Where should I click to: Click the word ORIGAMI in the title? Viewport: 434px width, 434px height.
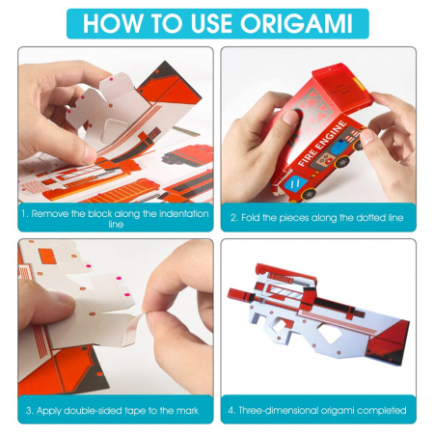(296, 23)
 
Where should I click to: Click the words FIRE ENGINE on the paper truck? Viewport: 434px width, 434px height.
(322, 143)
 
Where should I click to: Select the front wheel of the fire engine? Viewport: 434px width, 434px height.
(309, 194)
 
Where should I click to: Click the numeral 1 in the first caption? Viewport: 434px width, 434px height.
(24, 214)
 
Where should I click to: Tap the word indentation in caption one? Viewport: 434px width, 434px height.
(184, 214)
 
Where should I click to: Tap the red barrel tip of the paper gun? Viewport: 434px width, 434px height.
(232, 293)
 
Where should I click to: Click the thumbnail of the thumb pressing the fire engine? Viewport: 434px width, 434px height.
(291, 117)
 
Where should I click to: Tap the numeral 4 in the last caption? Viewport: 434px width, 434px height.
(231, 411)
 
